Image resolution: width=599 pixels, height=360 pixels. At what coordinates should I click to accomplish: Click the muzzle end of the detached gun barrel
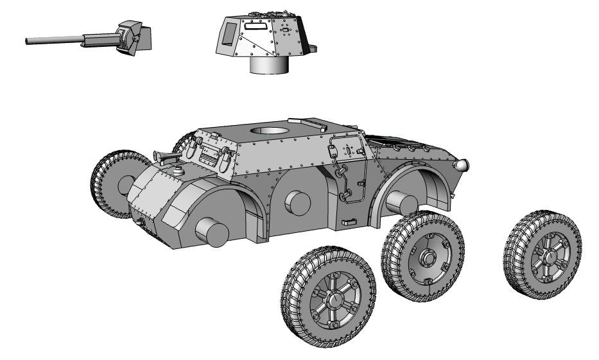pos(28,42)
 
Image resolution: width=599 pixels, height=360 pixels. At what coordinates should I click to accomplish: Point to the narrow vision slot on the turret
pos(256,28)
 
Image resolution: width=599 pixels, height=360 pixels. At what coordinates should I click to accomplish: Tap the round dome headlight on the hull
pos(460,166)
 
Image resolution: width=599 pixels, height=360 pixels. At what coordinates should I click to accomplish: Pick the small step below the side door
pos(349,222)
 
